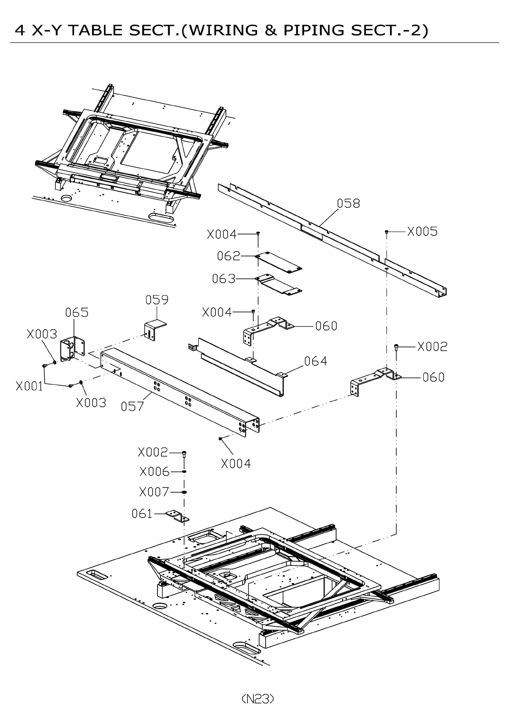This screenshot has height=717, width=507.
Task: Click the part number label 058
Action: click(348, 204)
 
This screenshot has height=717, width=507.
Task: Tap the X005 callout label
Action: click(422, 232)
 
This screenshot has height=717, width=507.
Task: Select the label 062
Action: click(229, 256)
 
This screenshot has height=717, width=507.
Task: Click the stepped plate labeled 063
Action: click(279, 284)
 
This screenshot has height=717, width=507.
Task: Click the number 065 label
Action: click(77, 313)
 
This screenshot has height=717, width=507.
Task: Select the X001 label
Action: click(29, 386)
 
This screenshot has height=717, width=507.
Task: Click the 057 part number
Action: click(132, 407)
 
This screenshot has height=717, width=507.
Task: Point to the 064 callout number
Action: click(315, 361)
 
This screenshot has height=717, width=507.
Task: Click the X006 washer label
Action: click(155, 472)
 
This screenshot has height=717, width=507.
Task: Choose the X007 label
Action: click(154, 492)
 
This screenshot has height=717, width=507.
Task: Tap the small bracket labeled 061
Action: click(178, 516)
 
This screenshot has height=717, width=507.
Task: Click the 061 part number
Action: click(142, 514)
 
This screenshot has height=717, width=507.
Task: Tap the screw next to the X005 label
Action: click(387, 232)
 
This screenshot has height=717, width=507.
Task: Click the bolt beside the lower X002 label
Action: click(184, 453)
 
